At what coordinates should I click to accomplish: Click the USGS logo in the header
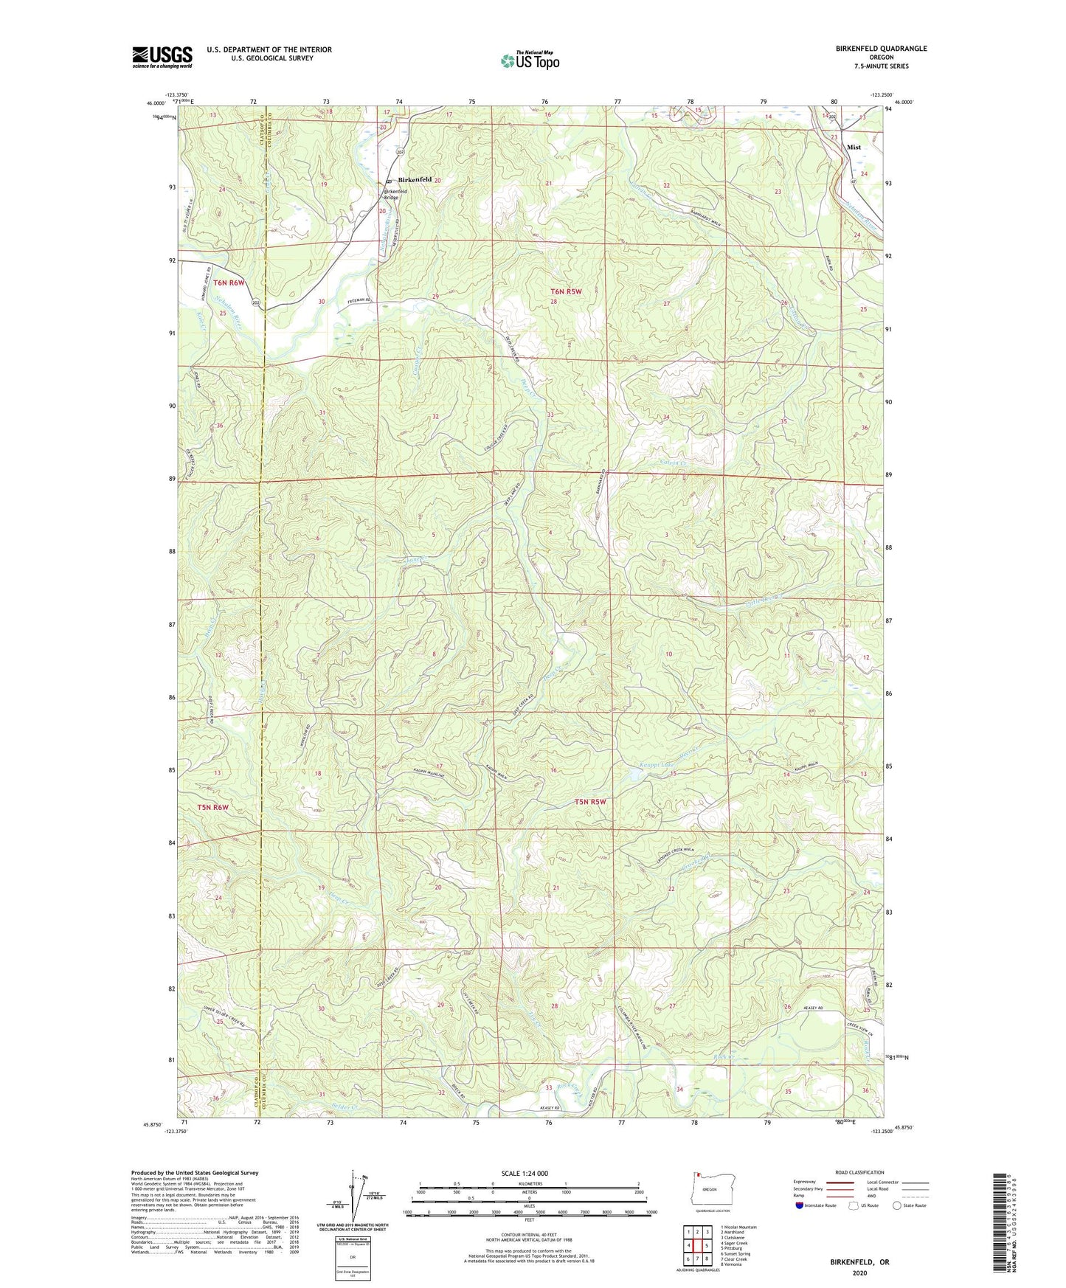[162, 56]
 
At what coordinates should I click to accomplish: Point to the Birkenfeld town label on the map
[415, 179]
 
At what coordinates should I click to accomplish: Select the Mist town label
[854, 147]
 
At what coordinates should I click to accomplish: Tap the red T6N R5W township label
[566, 291]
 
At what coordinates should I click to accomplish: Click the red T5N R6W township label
[212, 807]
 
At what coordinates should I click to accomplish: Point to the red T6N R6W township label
[229, 283]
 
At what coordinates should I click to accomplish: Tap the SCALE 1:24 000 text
[525, 1173]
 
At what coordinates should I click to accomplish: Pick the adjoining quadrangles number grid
[697, 1244]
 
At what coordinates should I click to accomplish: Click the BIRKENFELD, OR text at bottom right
[859, 1261]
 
